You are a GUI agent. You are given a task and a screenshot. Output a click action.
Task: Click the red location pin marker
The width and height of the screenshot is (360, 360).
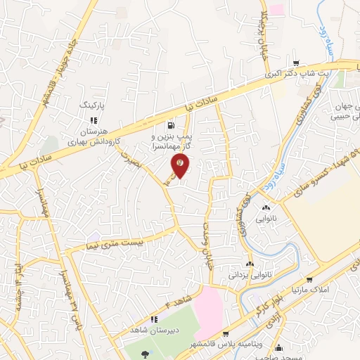(x=181, y=166)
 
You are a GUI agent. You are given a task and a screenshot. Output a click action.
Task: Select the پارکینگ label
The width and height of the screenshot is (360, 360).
(x=91, y=105)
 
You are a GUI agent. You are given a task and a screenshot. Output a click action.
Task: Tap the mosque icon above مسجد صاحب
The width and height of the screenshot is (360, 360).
(x=279, y=347)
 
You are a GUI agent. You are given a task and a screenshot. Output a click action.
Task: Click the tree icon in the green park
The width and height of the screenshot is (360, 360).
(x=146, y=354)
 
